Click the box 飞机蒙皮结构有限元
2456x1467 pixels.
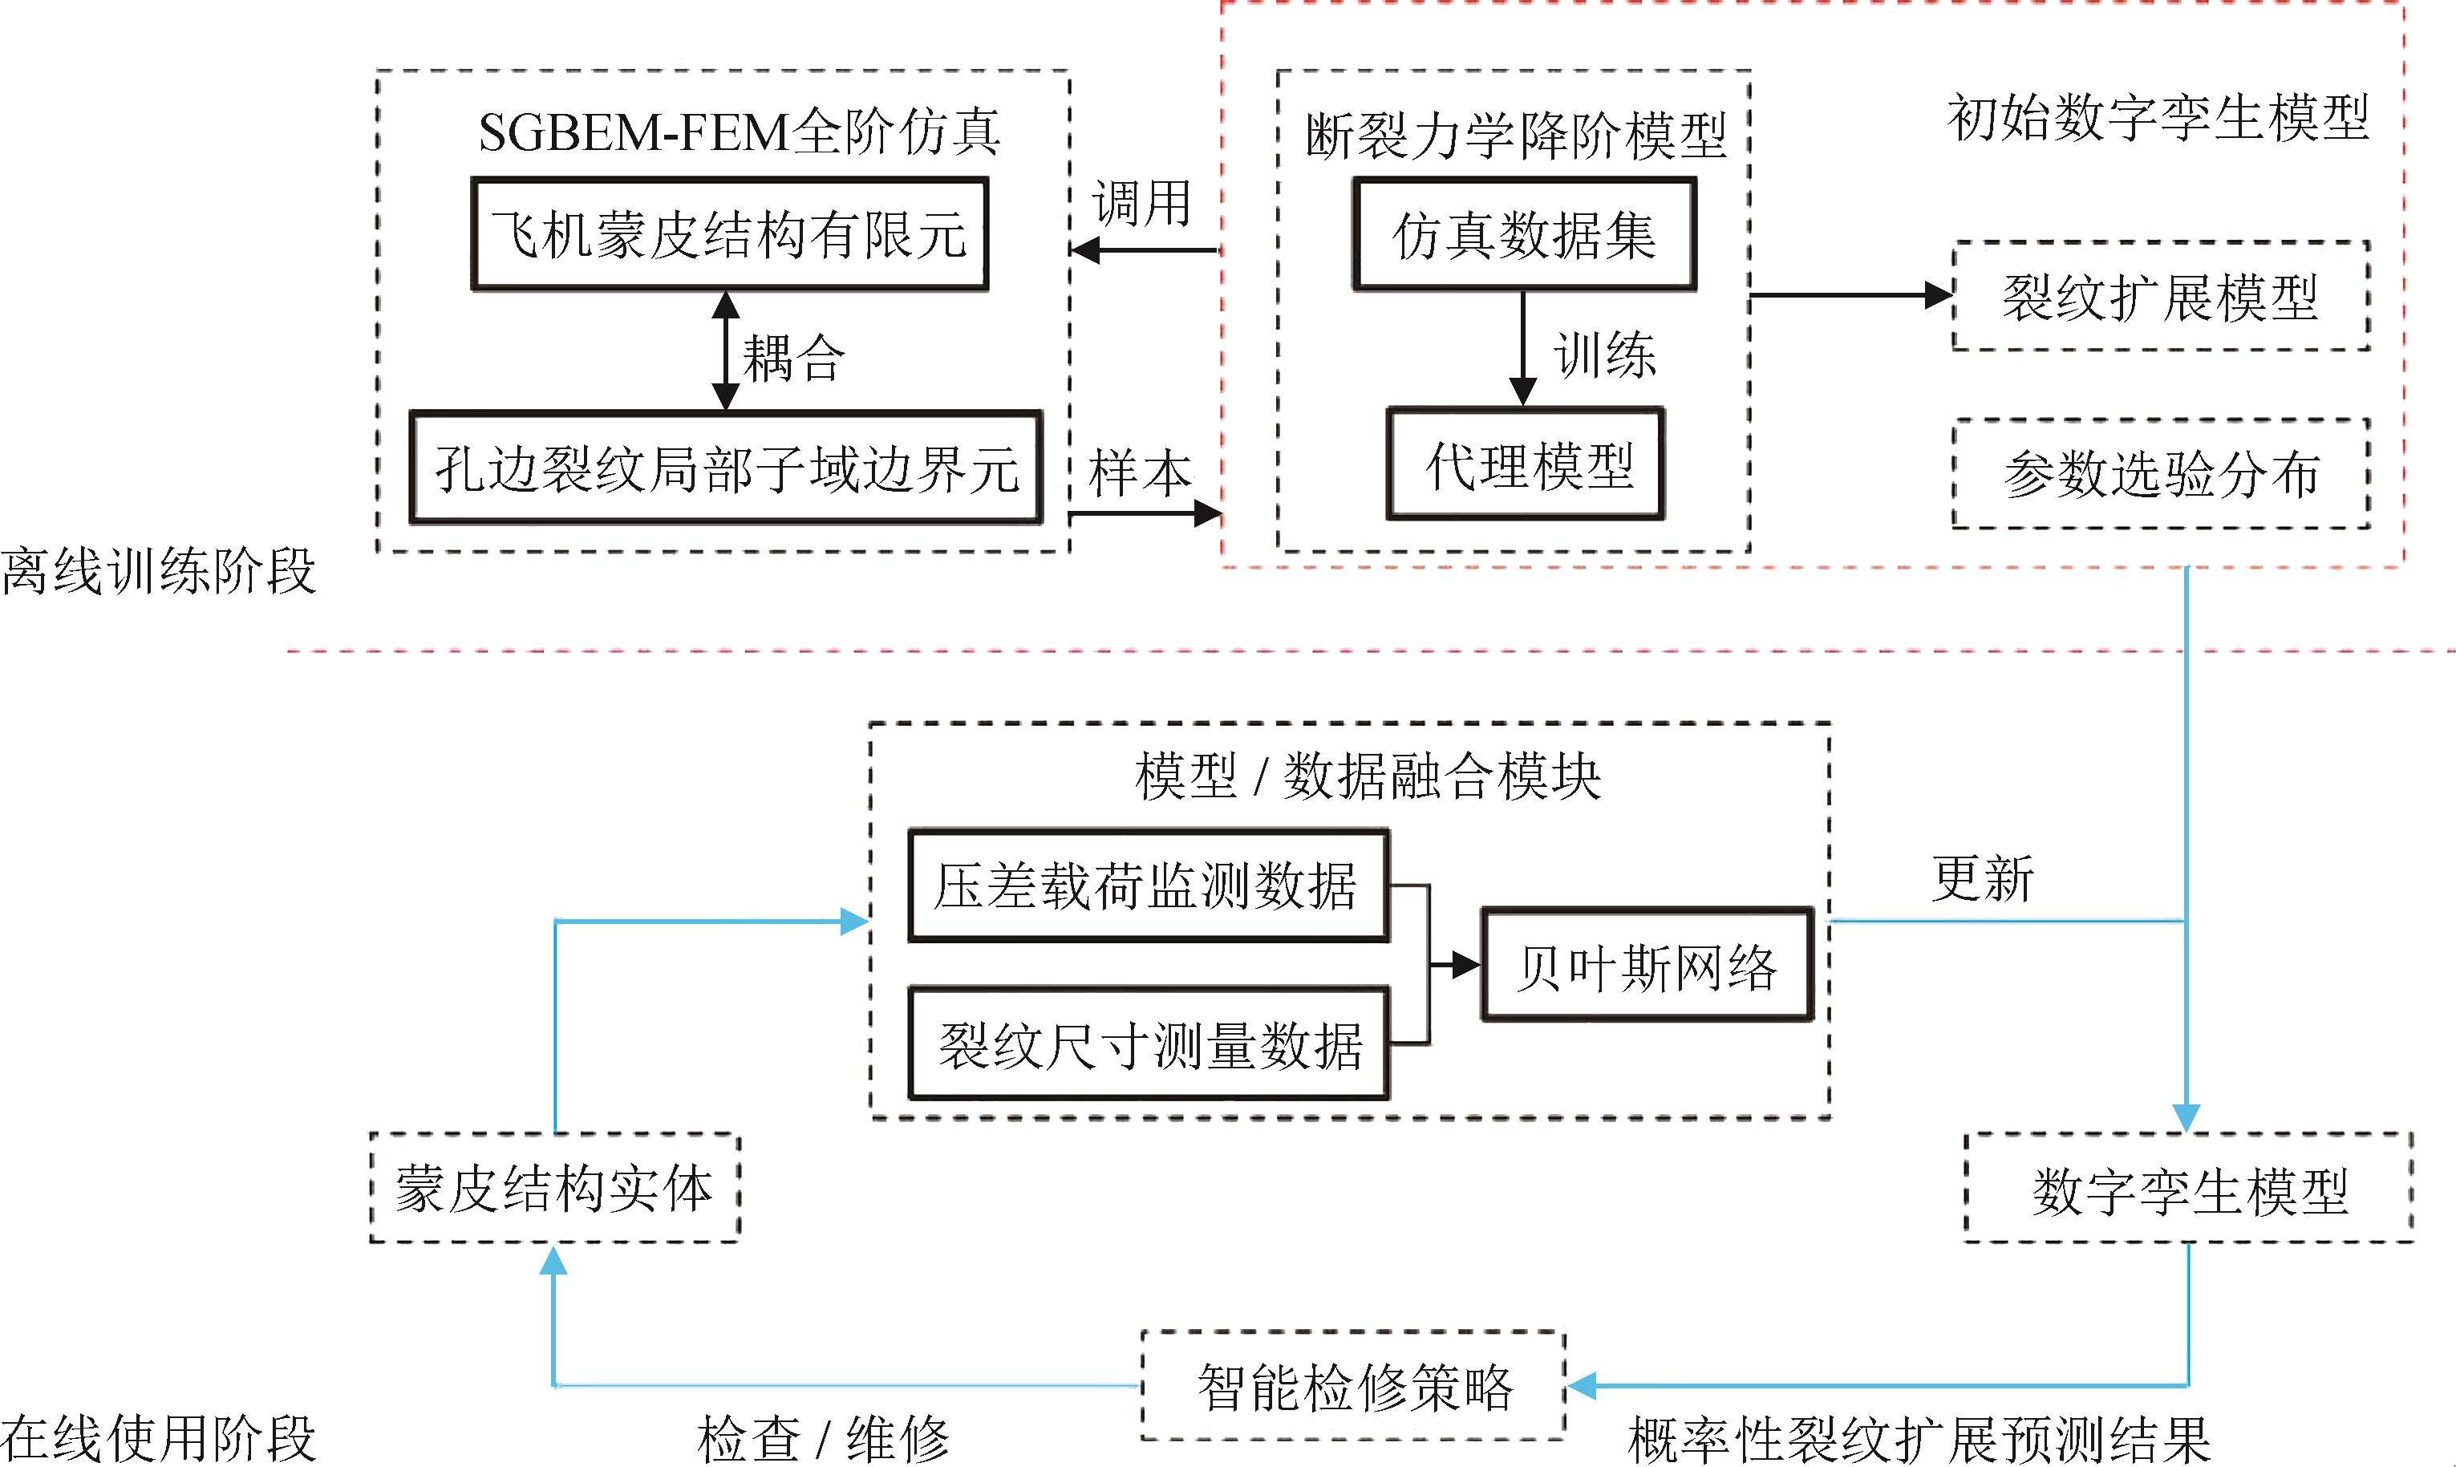729,234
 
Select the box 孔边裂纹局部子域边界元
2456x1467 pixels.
727,468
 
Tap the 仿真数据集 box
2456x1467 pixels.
1524,234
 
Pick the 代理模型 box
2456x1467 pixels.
1526,464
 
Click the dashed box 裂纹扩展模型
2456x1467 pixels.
2161,296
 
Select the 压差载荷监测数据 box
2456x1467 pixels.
1149,885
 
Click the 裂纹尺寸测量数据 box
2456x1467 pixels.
1149,1044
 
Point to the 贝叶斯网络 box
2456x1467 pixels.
1647,965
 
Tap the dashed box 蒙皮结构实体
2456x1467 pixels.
554,1187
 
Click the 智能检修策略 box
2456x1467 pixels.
1354,1386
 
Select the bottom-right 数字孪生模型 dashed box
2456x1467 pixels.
2188,1188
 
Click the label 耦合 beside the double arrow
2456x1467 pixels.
793,357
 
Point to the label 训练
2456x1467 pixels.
1605,354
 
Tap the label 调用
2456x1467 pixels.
1141,204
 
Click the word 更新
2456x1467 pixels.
1983,877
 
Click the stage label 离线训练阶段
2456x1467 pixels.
158,571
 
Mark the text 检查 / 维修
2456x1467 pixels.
822,1439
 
